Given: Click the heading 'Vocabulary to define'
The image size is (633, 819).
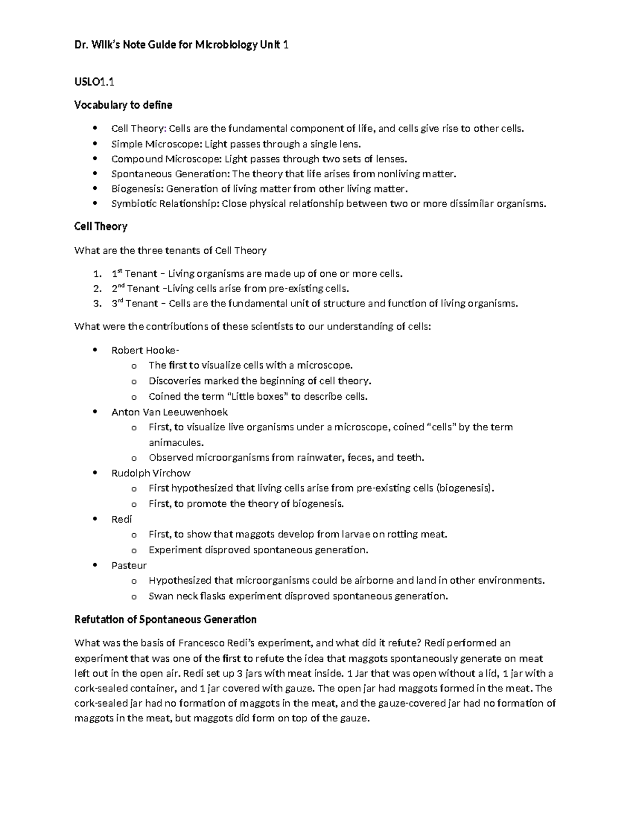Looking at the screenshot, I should tap(123, 105).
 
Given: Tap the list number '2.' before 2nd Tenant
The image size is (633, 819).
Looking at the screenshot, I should tap(97, 288).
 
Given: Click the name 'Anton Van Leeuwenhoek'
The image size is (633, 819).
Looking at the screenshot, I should tap(169, 412).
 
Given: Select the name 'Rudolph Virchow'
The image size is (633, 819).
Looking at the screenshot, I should tap(151, 473).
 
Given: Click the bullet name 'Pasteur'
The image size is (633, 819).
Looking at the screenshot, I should tap(129, 565).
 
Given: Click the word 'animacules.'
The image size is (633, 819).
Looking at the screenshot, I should tap(176, 442).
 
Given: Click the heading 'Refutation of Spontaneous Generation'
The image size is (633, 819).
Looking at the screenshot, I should tap(165, 619).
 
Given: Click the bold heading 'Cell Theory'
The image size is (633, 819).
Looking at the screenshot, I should tap(101, 226).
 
